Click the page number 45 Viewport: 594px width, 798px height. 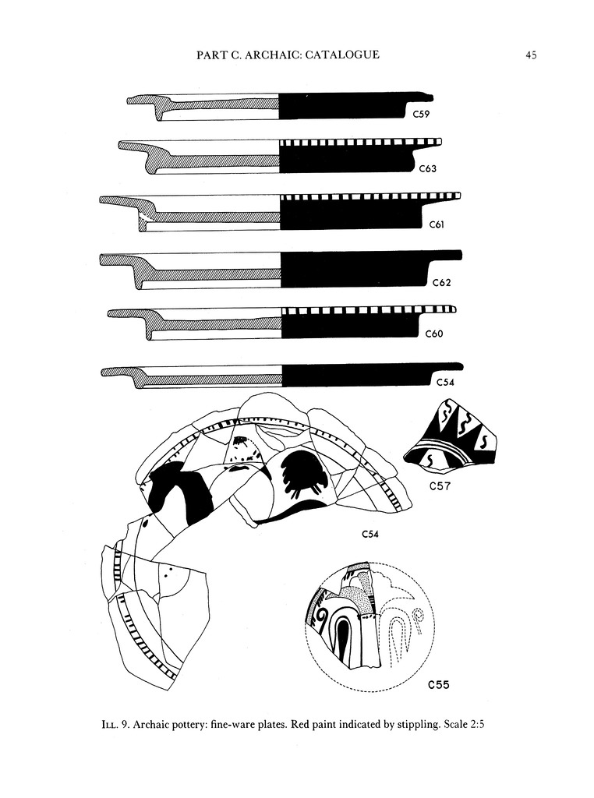click(x=531, y=55)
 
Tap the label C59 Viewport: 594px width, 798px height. click(x=421, y=114)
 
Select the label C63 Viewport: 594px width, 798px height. click(x=427, y=168)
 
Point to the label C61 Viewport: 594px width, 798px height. click(x=437, y=224)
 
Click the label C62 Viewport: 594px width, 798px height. click(x=441, y=282)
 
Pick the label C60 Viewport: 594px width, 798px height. click(x=433, y=334)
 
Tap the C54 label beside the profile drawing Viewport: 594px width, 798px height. click(x=445, y=382)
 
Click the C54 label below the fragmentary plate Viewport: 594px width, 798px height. click(x=370, y=534)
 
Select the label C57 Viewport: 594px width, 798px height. click(x=440, y=486)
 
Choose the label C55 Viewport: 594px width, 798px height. click(x=438, y=684)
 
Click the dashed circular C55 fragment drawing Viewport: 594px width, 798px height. click(x=369, y=627)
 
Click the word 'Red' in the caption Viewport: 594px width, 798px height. click(x=301, y=723)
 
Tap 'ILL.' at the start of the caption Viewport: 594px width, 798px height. click(x=111, y=723)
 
